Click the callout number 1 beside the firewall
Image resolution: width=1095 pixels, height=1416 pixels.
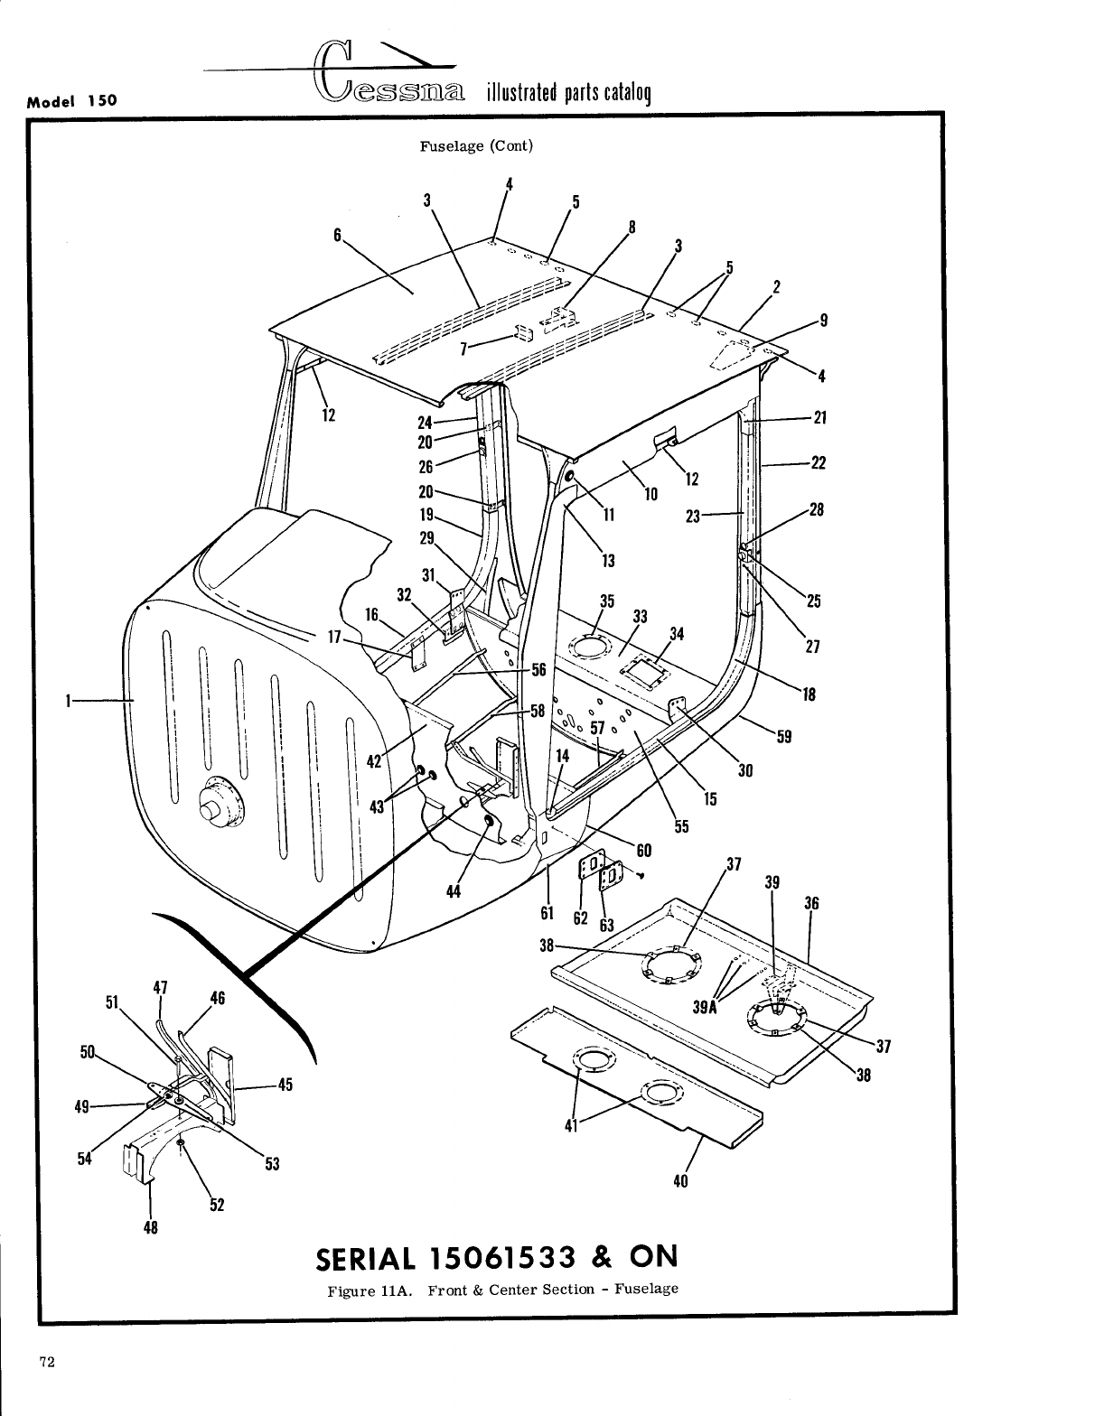[67, 699]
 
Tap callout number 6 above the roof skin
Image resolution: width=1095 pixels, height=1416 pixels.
[337, 234]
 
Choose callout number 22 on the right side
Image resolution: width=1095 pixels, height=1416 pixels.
[819, 463]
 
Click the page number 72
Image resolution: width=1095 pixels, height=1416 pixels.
[48, 1363]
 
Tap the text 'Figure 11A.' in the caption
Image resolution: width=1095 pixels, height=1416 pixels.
[367, 1288]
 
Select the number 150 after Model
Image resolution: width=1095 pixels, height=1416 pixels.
[102, 100]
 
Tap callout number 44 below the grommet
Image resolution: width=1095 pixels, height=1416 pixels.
[455, 892]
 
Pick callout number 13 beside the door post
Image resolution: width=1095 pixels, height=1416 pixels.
[608, 561]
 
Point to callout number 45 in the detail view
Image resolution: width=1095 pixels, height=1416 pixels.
[285, 1085]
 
